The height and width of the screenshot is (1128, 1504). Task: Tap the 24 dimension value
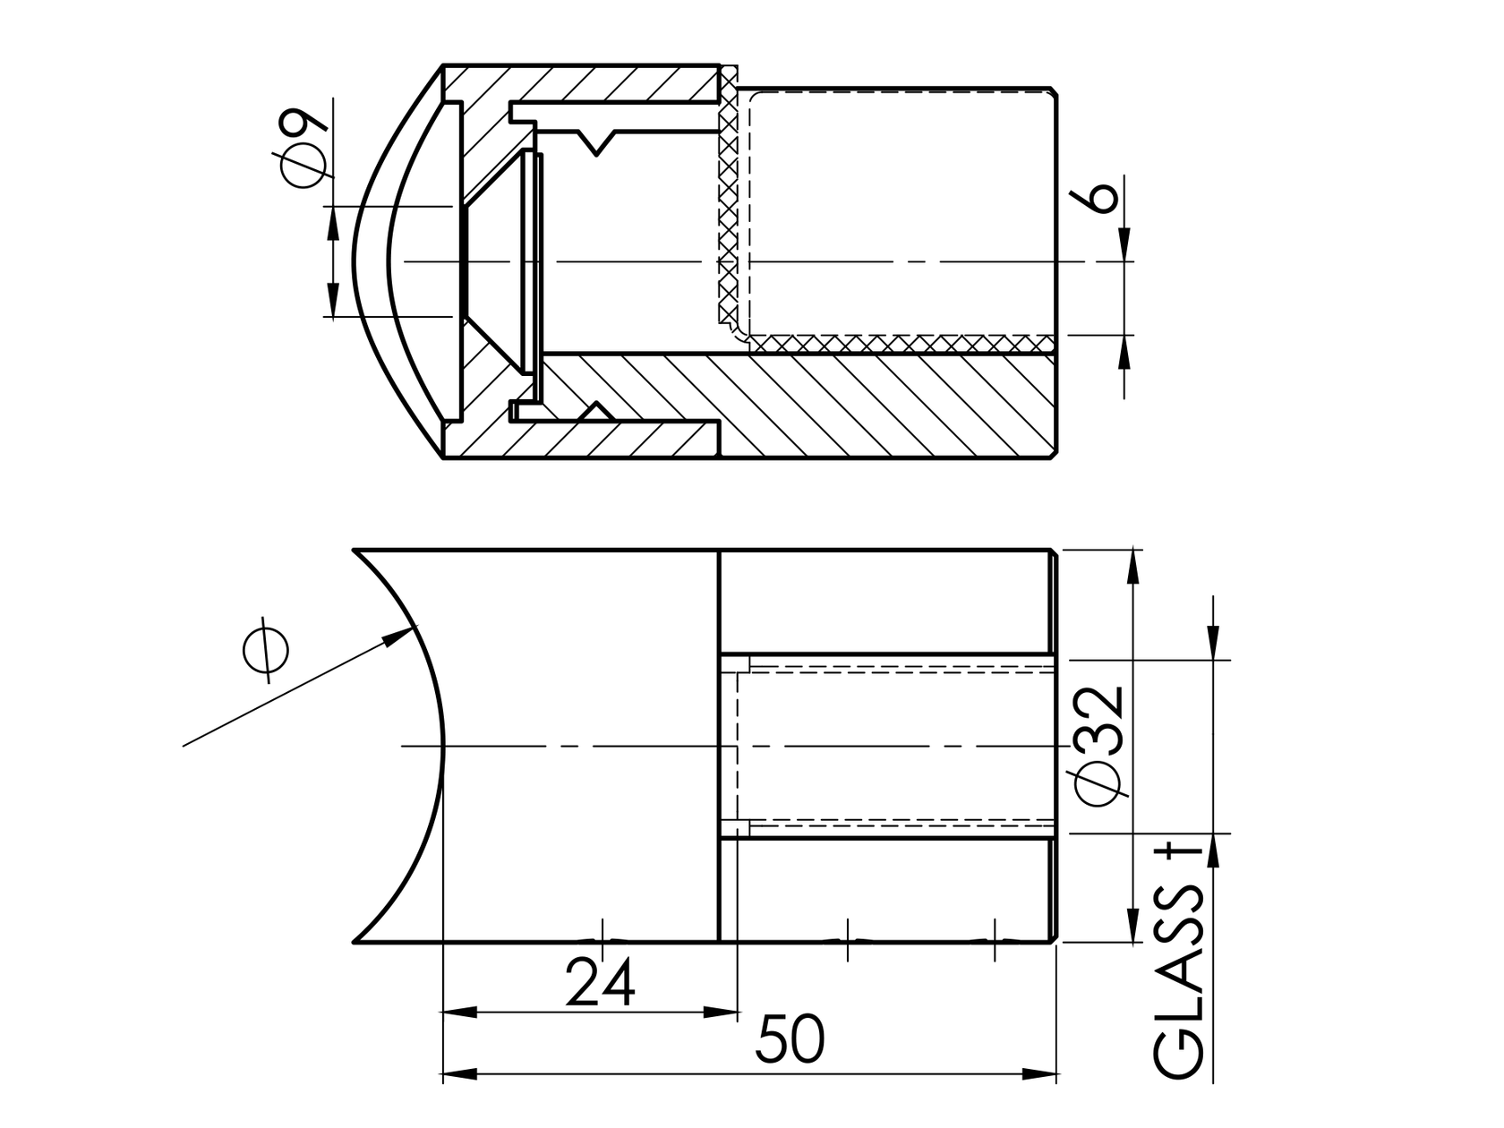[602, 982]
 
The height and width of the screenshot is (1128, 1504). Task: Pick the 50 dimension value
[790, 1040]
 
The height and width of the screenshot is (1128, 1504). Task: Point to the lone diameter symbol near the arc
[266, 648]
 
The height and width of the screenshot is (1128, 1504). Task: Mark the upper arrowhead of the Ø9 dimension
[333, 224]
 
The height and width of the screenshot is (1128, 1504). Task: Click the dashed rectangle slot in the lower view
[895, 745]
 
